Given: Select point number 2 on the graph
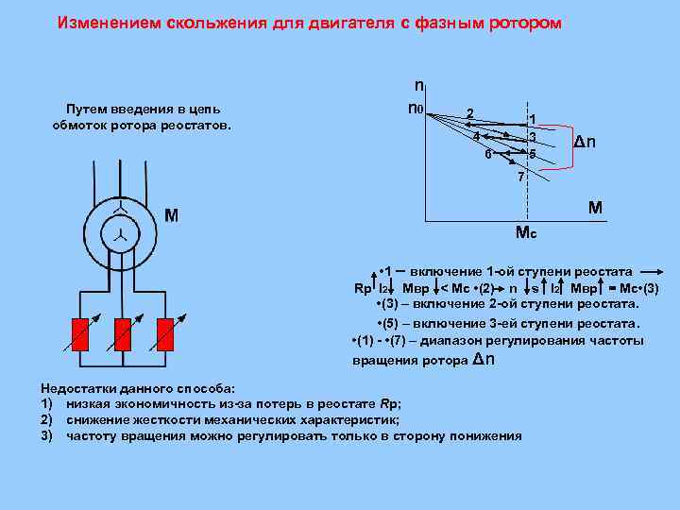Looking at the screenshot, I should point(470,113).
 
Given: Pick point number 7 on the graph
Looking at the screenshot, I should point(518,177).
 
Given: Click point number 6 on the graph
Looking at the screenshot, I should point(487,154).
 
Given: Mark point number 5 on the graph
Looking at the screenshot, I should point(533,154).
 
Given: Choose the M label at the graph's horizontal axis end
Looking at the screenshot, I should point(596,207).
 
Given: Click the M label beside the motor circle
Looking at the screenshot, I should point(171,215).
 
